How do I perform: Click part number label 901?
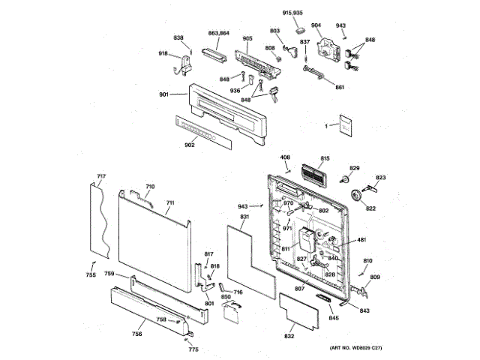[163, 94]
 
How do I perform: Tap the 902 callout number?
[189, 145]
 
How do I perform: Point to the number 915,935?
[292, 13]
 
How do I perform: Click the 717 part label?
[101, 178]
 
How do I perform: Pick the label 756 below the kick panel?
[138, 334]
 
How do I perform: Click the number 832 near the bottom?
[289, 337]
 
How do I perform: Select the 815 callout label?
[325, 158]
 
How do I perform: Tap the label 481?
[361, 240]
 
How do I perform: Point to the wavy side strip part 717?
[100, 217]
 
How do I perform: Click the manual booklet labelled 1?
[344, 127]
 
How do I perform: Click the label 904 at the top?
[316, 25]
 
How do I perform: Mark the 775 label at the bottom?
[193, 349]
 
